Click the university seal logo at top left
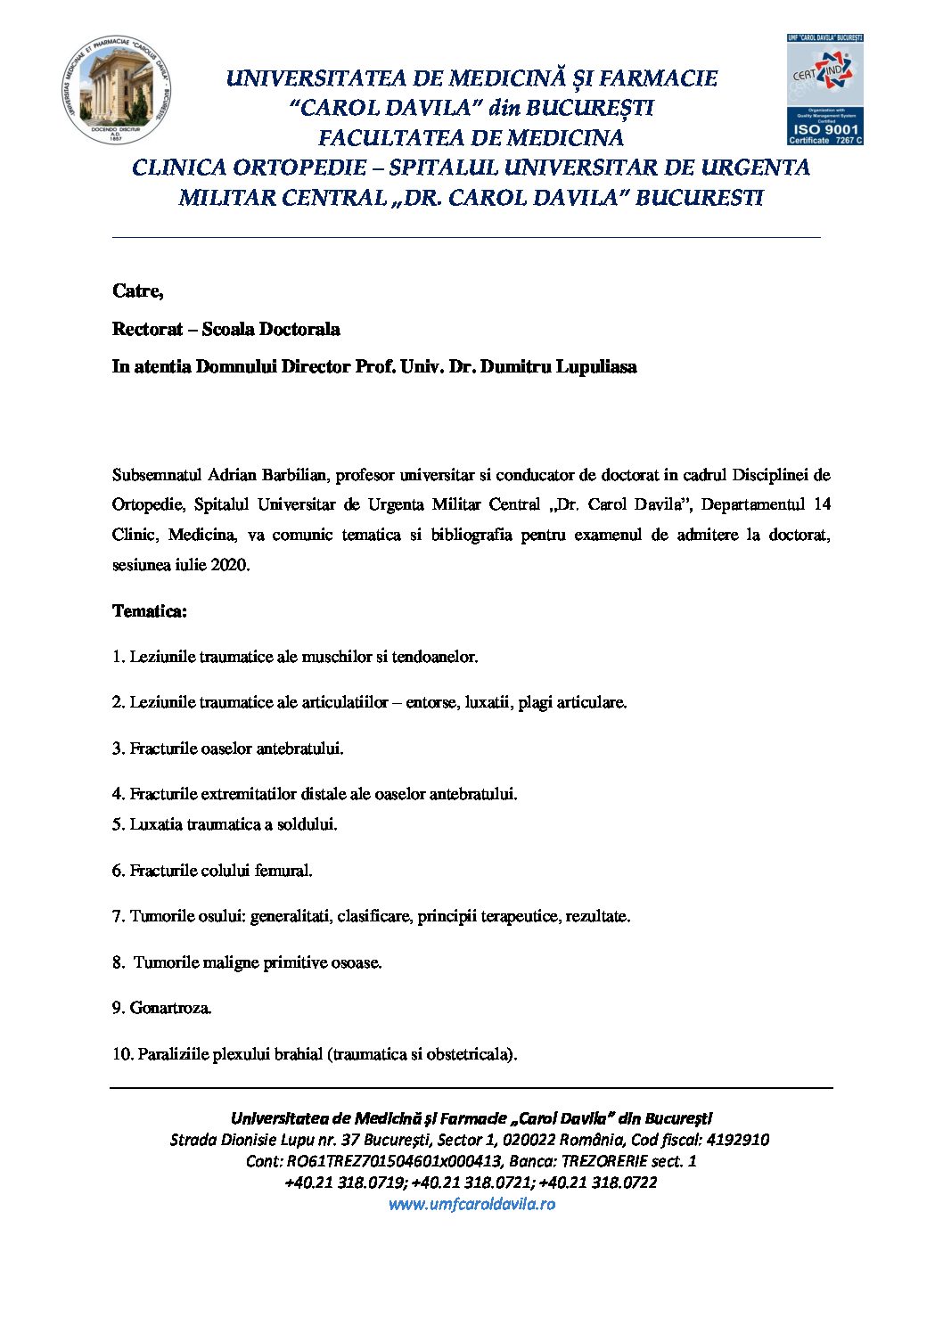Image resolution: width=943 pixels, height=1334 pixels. [116, 90]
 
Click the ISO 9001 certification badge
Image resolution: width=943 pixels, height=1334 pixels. [824, 90]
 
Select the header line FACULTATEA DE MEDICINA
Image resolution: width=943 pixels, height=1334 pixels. [471, 138]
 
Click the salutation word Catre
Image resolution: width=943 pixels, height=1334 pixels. [137, 291]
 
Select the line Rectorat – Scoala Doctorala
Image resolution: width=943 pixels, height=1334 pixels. [225, 329]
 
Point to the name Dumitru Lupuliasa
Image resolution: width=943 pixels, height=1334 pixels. [558, 366]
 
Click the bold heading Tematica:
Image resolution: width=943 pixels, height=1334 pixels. [150, 611]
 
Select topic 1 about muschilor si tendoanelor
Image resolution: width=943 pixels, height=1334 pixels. [295, 657]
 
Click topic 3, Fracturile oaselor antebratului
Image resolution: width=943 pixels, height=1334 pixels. [228, 749]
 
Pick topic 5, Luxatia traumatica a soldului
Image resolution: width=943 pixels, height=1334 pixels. [225, 824]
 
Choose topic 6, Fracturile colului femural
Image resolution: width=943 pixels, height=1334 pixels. [212, 871]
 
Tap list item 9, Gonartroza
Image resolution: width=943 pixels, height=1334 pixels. [162, 1008]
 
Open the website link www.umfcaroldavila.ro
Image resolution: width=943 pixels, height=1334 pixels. [471, 1204]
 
